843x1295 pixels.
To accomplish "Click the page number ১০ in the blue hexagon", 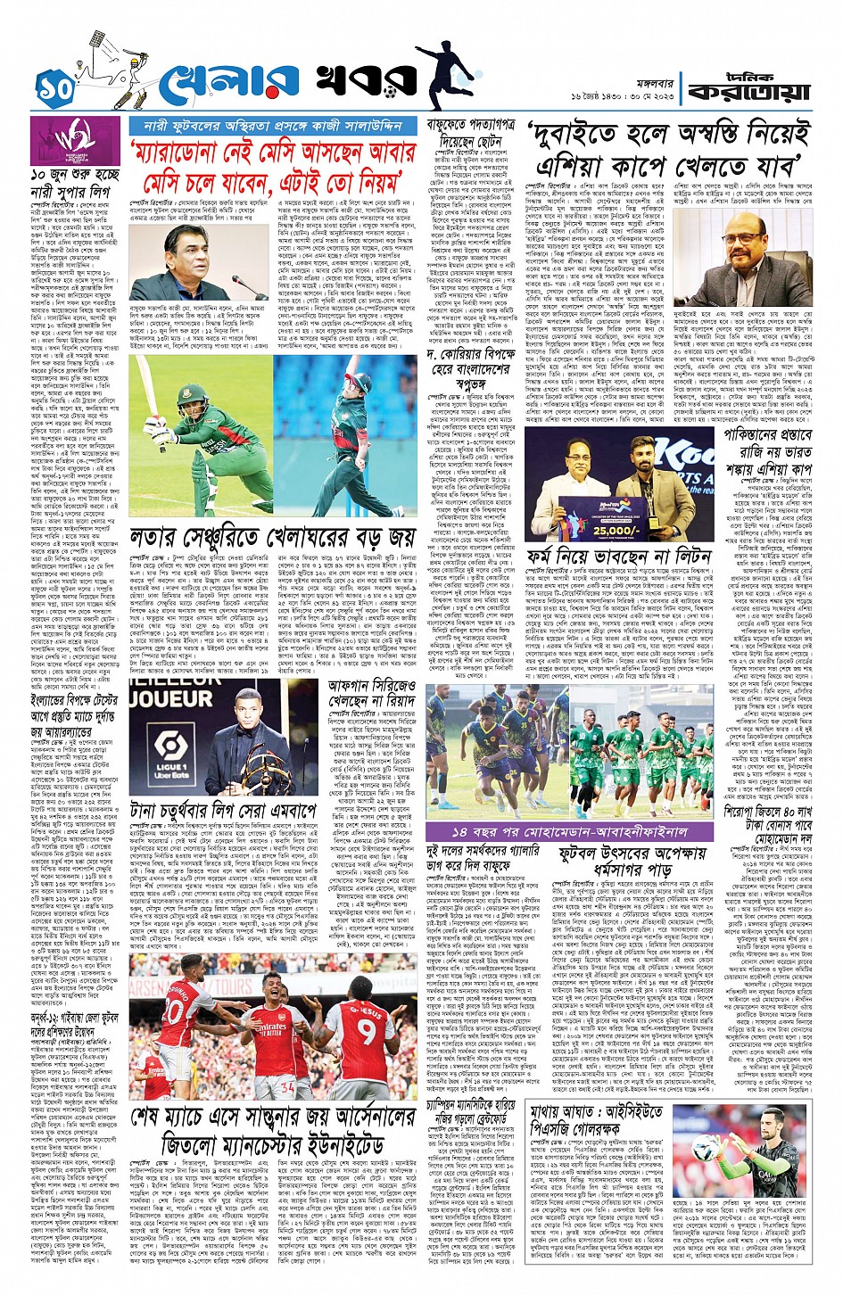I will pos(53,87).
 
